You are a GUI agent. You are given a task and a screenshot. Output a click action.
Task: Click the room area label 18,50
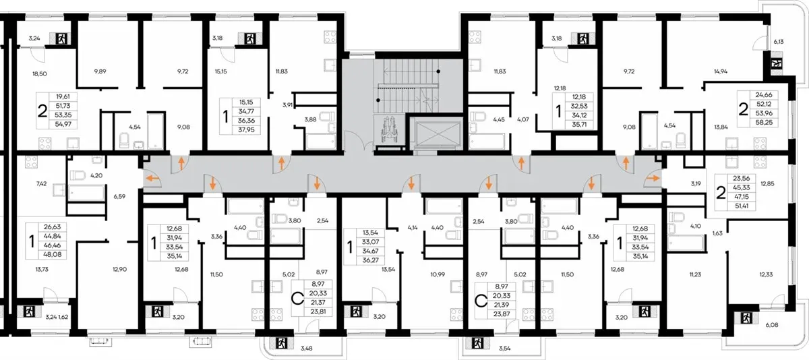click(x=40, y=73)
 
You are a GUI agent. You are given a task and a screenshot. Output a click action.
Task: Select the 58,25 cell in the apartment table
click(x=764, y=123)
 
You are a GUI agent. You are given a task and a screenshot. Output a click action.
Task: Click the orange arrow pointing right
click(x=652, y=179)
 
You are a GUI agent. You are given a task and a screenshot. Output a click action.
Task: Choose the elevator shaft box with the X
click(x=438, y=134)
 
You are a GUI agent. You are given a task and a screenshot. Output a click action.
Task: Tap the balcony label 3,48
click(x=307, y=349)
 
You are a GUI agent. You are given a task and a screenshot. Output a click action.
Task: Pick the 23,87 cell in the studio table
click(x=502, y=314)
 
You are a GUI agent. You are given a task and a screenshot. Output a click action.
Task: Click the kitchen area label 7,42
click(x=42, y=183)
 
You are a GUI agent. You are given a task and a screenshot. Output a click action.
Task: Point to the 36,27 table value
click(x=371, y=260)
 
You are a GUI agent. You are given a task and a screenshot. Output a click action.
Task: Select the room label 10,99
click(x=438, y=274)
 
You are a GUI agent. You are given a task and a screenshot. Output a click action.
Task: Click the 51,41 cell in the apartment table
click(x=742, y=206)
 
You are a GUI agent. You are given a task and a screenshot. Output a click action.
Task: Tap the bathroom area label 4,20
click(x=96, y=176)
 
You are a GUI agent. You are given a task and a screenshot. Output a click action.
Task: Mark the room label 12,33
click(x=766, y=274)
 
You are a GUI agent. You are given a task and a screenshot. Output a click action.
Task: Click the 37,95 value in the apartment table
click(x=246, y=129)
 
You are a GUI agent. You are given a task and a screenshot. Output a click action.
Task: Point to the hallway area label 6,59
click(x=119, y=197)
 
